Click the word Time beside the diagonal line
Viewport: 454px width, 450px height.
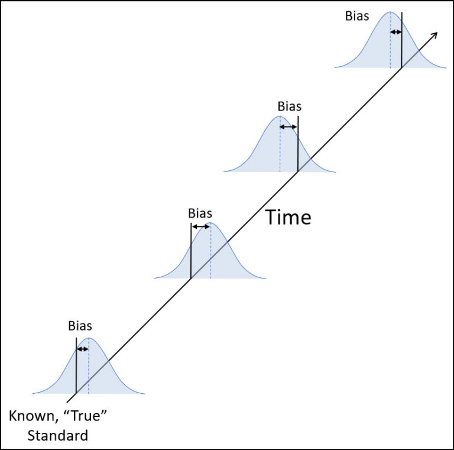(288, 217)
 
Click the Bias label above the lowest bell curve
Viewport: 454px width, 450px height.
(80, 325)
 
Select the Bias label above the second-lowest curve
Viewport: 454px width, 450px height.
(199, 213)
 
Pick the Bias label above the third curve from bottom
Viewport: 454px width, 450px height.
(289, 107)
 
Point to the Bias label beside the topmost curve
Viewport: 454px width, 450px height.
(357, 16)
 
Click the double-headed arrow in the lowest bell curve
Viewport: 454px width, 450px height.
(82, 349)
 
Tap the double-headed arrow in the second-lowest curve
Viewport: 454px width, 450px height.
(200, 226)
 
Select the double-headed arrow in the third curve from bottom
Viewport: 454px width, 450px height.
(288, 127)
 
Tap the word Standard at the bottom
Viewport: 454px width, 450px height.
(57, 436)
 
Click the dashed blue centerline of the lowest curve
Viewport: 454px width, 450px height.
(89, 373)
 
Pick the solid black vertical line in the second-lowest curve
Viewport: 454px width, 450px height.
(191, 254)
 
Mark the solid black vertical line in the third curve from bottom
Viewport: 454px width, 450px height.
(297, 148)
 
